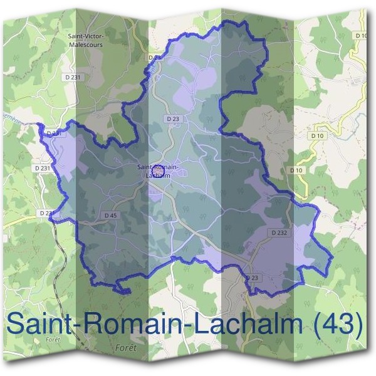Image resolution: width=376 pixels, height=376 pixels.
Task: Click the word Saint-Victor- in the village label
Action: (86, 36)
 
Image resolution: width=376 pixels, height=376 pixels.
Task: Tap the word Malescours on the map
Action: (86, 44)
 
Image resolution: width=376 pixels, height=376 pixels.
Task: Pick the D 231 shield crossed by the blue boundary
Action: (53, 133)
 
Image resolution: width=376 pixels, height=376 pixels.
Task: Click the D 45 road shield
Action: (110, 215)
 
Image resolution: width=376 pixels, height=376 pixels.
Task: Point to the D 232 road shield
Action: (279, 232)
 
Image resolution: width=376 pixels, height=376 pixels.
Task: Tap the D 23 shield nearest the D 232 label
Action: (252, 278)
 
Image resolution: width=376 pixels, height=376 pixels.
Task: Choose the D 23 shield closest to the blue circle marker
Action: (174, 118)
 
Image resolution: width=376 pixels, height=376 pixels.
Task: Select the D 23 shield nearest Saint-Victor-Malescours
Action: (155, 57)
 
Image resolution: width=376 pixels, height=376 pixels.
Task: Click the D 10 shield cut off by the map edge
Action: (361, 36)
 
